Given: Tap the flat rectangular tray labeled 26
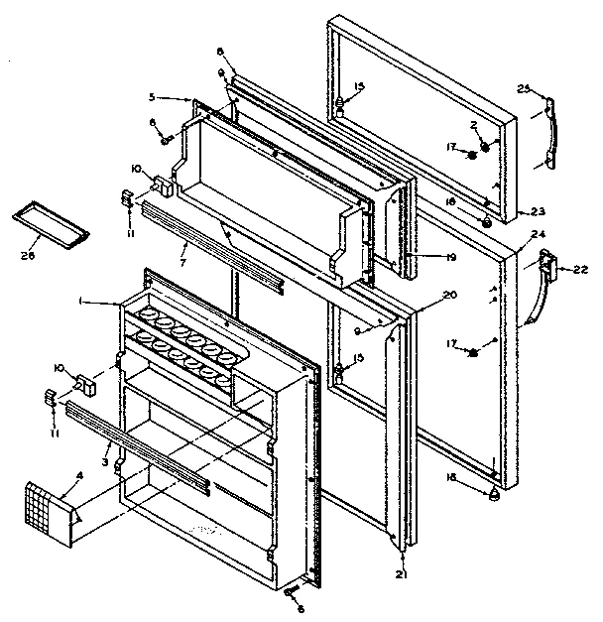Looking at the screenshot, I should click(50, 223).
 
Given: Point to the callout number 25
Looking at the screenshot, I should click(526, 91).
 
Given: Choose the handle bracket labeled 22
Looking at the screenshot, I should click(543, 266).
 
